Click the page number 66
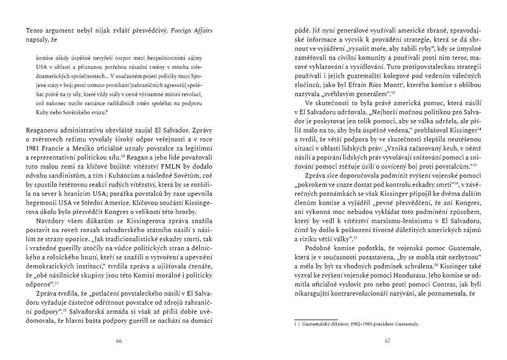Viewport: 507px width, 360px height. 119,341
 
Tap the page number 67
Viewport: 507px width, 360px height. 387,341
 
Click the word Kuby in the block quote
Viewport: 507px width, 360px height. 42,112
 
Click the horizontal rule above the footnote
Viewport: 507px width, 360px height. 316,319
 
